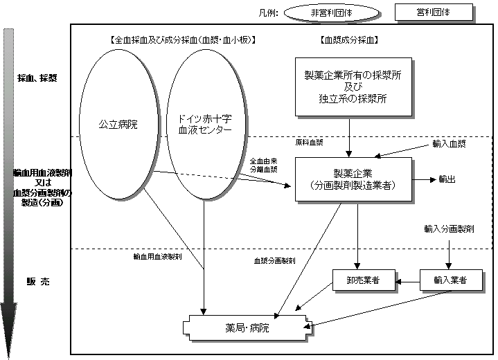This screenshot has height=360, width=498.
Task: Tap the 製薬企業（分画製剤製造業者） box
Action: [353, 179]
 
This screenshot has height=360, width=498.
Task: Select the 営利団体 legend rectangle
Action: [434, 12]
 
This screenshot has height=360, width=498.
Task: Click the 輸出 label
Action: [447, 179]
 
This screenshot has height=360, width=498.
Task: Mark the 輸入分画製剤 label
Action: [449, 228]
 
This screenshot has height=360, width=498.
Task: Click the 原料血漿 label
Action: [309, 142]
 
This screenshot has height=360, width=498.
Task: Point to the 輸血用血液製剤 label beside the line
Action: [157, 257]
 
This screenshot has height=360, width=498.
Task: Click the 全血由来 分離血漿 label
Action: [264, 165]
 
